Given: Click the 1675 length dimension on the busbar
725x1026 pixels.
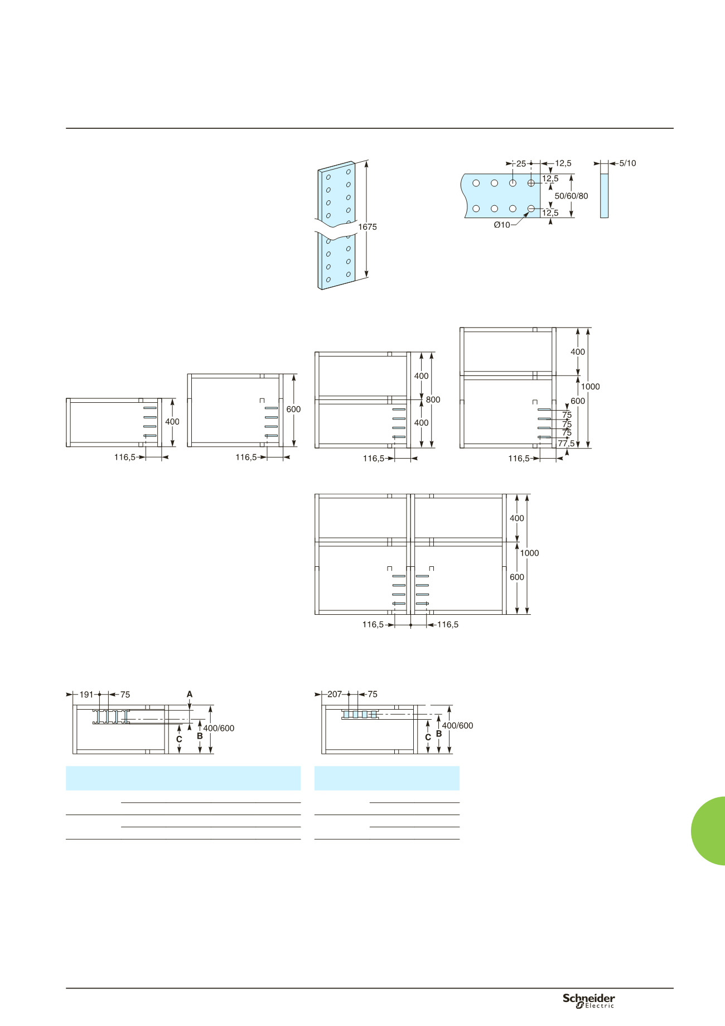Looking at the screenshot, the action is pos(368,227).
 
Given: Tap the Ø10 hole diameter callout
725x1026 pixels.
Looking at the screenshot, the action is pos(502,225).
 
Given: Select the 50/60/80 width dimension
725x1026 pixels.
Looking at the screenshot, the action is pos(571,196).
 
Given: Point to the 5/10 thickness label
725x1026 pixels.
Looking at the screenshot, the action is pos(627,163).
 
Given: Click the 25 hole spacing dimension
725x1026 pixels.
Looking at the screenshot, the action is pos(521,164).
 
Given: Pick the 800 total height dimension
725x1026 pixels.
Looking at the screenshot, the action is pos(433,399).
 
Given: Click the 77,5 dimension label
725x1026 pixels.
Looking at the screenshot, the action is pos(566,444).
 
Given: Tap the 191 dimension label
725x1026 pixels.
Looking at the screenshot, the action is pos(86,695).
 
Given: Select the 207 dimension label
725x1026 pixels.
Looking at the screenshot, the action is pos(335,695).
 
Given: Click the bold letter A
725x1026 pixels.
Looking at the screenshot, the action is pos(190,695).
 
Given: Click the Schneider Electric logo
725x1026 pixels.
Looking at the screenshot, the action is pos(588,1000).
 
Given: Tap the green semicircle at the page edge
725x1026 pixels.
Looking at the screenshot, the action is pos(708,831).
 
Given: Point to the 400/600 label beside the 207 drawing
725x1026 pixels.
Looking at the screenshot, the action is pos(457,726).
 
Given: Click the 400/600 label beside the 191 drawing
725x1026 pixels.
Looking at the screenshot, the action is pos(219,728).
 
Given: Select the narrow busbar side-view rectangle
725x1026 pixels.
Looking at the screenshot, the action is pos(604,196).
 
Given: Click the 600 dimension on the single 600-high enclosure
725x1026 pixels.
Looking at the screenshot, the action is pos(293,409).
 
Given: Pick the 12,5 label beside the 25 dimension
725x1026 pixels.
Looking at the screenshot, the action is pos(563,163).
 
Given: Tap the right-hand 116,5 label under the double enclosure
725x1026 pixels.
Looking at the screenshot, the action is pos(448,624).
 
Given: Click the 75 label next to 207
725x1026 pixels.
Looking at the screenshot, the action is pos(373,695).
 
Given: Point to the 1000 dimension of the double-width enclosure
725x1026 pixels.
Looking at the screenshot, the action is pos(529,553).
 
